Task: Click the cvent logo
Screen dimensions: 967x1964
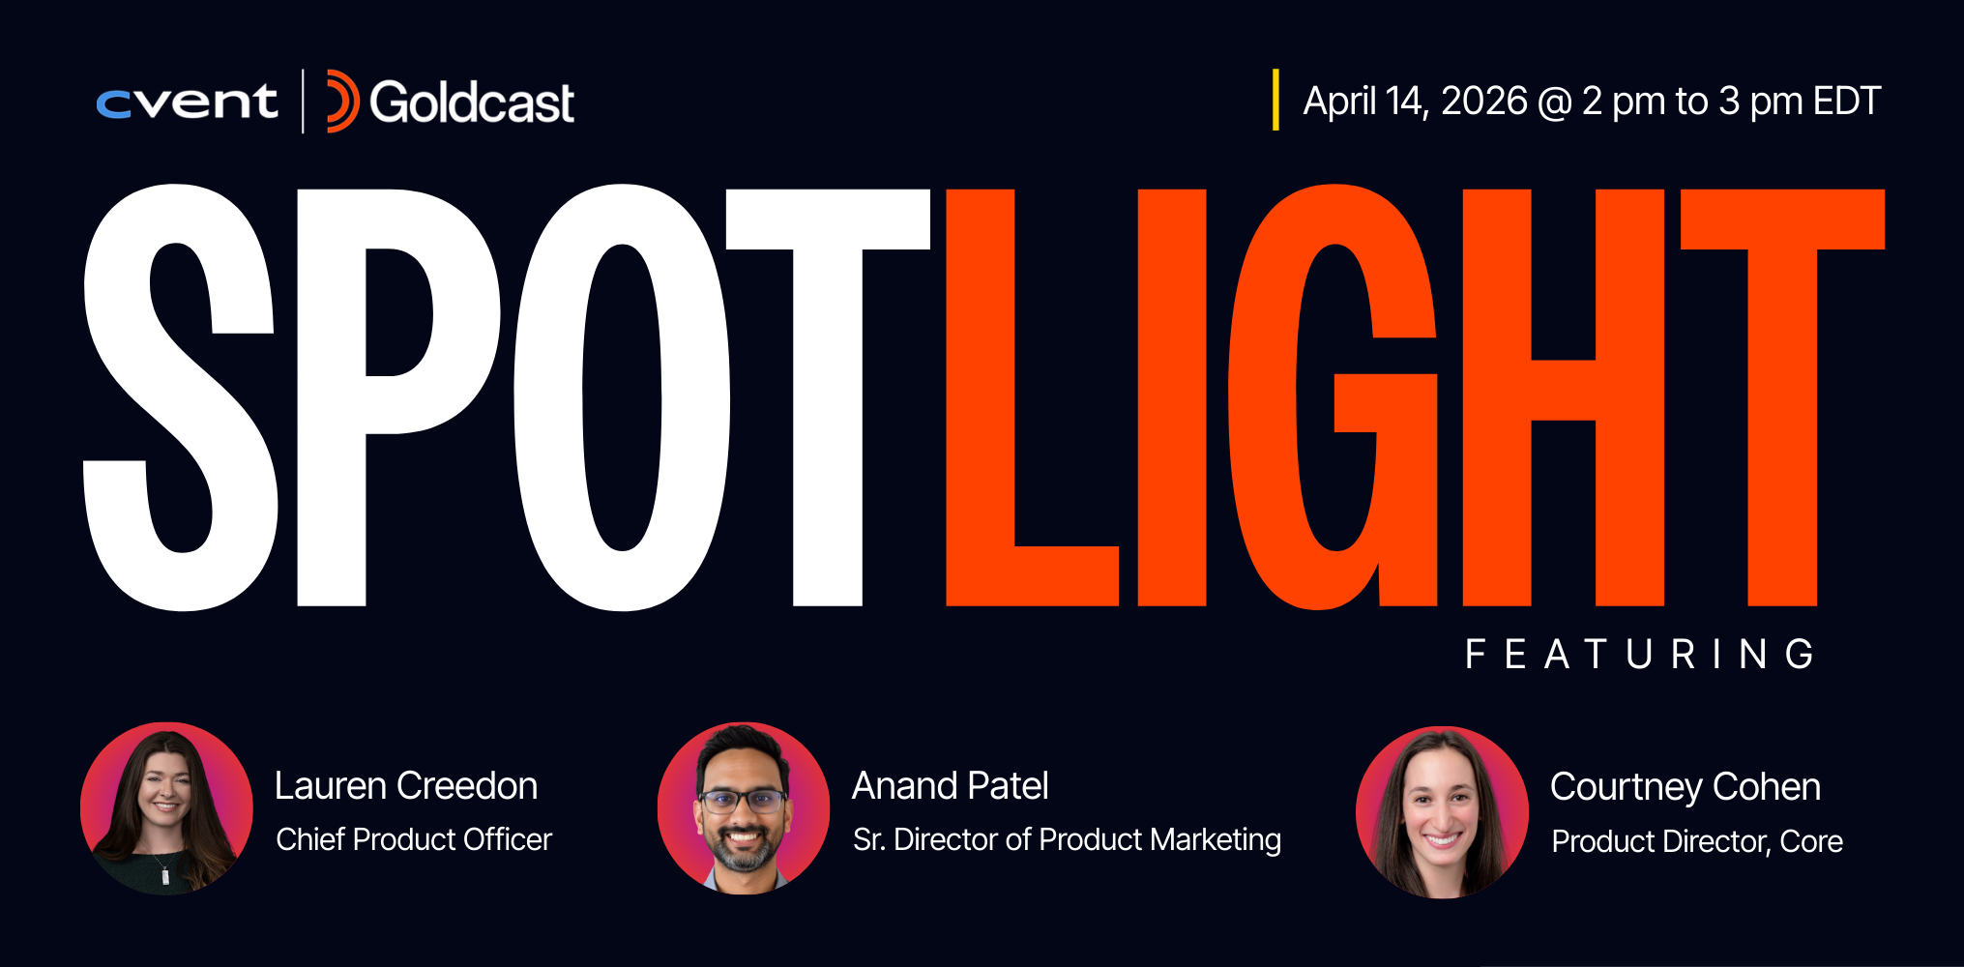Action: click(x=187, y=102)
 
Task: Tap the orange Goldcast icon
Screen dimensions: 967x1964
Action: click(x=341, y=102)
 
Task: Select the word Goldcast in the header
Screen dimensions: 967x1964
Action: click(x=472, y=103)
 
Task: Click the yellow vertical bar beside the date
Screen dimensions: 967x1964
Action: click(x=1275, y=100)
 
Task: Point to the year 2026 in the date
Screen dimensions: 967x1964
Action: click(x=1483, y=102)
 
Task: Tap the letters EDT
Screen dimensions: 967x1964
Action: click(x=1846, y=102)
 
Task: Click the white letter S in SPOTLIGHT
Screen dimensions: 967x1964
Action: click(x=181, y=396)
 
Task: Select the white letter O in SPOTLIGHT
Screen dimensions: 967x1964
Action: click(x=622, y=396)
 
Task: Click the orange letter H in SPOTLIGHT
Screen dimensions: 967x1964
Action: click(x=1563, y=396)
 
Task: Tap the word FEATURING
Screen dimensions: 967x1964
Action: click(x=1640, y=655)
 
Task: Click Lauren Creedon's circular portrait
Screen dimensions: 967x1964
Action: click(x=166, y=807)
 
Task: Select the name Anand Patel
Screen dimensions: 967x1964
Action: click(x=950, y=786)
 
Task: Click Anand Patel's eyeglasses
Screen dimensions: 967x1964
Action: click(x=743, y=801)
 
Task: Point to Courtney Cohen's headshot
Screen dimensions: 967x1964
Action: click(x=1442, y=812)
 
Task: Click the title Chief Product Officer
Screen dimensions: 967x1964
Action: click(x=414, y=839)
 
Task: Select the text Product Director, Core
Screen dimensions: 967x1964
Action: click(x=1697, y=841)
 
